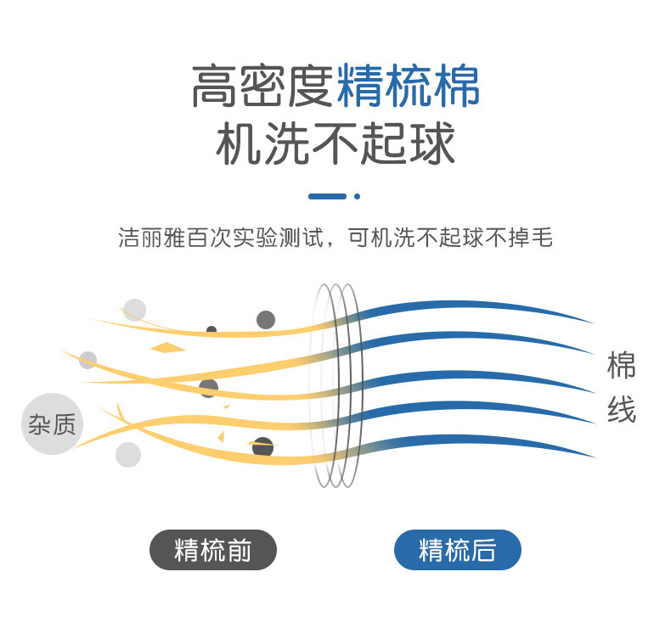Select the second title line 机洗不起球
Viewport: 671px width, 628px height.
pos(335,144)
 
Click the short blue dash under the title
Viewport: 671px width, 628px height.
pos(328,196)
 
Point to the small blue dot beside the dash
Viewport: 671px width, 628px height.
pos(358,196)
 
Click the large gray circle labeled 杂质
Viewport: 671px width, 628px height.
pos(52,423)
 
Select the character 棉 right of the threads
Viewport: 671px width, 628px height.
pos(621,366)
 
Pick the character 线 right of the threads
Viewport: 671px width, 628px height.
pos(621,412)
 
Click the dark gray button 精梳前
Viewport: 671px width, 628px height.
pos(213,550)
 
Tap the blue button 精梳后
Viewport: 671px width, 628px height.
pos(457,550)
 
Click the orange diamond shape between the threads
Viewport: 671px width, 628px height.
pos(168,347)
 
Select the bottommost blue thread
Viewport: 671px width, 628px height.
pos(476,440)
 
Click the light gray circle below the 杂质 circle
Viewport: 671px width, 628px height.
pos(128,455)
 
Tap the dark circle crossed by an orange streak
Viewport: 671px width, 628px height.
pos(263,446)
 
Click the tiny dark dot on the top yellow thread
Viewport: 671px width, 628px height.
pos(211,329)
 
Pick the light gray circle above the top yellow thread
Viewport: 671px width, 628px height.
pos(134,310)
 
